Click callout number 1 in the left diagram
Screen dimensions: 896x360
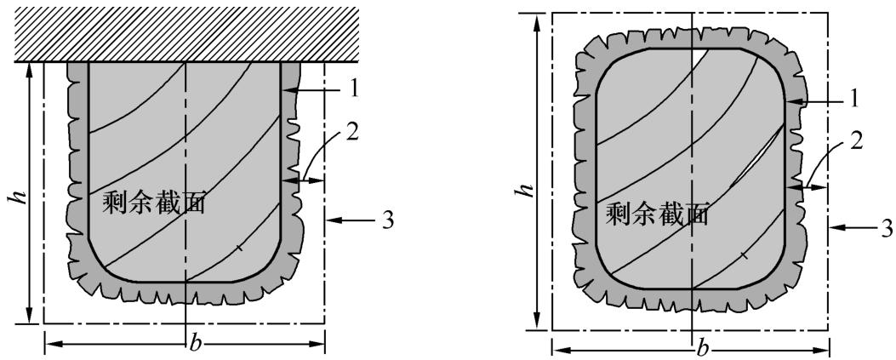click(x=356, y=90)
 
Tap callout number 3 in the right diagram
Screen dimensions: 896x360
click(x=887, y=228)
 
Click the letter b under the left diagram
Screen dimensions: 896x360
click(x=196, y=345)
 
